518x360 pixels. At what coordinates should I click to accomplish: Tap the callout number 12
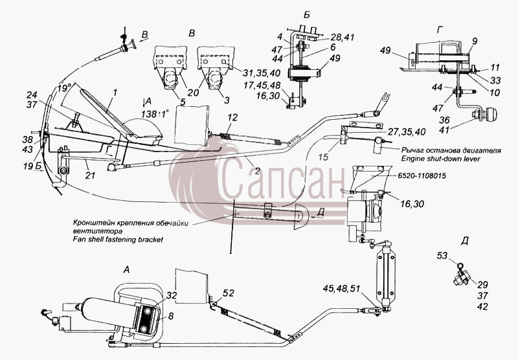[x=232, y=117]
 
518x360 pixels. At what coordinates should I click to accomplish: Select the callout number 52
[x=229, y=293]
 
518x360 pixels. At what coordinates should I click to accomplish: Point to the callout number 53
[x=442, y=256]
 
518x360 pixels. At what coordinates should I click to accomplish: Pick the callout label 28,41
[x=342, y=37]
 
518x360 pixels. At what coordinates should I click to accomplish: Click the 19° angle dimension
[x=63, y=88]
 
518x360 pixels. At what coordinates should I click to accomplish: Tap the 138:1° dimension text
[x=155, y=114]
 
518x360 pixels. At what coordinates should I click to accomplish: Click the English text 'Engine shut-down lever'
[x=440, y=159]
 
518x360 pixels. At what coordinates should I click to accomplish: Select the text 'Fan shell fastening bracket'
[x=118, y=240]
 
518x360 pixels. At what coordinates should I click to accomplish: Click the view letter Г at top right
[x=440, y=30]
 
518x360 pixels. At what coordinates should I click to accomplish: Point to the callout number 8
[x=170, y=316]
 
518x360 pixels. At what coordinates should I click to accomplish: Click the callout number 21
[x=90, y=175]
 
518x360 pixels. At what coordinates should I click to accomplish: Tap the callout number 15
[x=323, y=157]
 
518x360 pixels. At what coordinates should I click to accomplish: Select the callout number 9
[x=475, y=41]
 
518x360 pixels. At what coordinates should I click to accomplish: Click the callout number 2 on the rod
[x=257, y=171]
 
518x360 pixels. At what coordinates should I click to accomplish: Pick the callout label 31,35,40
[x=262, y=73]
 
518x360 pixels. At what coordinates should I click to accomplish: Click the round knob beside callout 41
[x=490, y=116]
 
